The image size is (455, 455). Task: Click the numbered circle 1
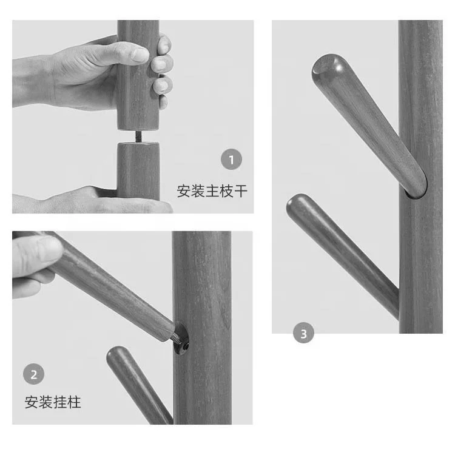pyautogui.click(x=231, y=160)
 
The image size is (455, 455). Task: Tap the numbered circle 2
pyautogui.click(x=33, y=374)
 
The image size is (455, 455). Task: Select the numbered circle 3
pyautogui.click(x=303, y=333)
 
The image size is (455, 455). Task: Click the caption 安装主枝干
pyautogui.click(x=212, y=191)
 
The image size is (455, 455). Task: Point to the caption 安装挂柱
pyautogui.click(x=53, y=402)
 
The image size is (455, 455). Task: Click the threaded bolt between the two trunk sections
pyautogui.click(x=138, y=136)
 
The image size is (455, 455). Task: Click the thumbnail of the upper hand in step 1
pyautogui.click(x=140, y=55)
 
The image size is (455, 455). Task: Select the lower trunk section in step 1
pyautogui.click(x=138, y=171)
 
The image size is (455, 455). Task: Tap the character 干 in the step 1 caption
pyautogui.click(x=241, y=191)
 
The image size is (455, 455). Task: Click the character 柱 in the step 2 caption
pyautogui.click(x=74, y=402)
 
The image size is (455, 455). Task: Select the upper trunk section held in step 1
pyautogui.click(x=138, y=75)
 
